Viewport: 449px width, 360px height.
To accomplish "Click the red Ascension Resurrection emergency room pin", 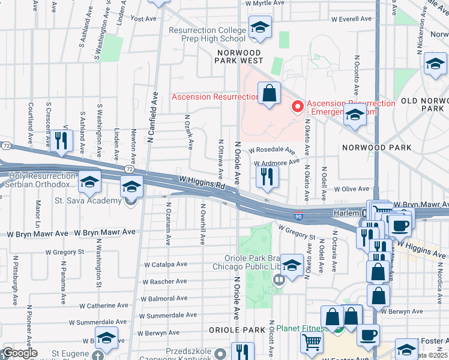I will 297,107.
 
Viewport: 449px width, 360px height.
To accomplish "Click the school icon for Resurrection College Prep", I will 260,28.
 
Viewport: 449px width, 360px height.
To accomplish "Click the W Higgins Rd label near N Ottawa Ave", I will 202,182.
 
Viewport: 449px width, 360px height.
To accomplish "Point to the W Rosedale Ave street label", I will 272,150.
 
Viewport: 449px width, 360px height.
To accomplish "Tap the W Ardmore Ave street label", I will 277,162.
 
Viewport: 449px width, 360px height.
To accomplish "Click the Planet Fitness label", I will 300,328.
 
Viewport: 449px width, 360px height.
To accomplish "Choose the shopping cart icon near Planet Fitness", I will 312,343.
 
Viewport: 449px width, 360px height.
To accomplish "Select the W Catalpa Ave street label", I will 165,264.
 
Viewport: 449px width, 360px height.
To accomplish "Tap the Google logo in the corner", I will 20,353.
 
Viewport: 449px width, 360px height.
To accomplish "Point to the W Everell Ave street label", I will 351,19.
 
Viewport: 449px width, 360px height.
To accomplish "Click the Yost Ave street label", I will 143,19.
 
